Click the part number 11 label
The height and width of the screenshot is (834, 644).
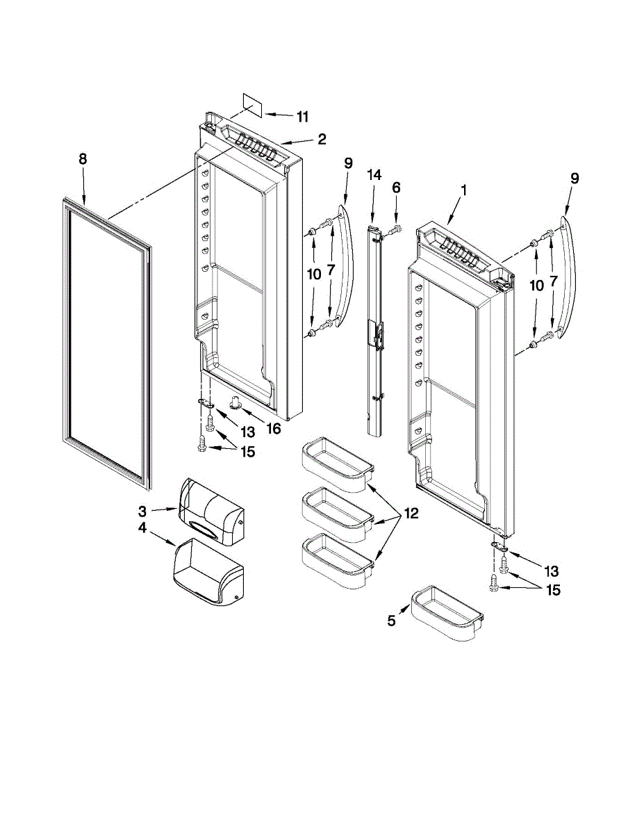[x=302, y=117]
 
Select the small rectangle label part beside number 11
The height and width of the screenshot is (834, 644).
[x=252, y=104]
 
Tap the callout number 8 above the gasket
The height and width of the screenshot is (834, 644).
[x=83, y=159]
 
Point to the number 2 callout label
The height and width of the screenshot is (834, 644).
[x=322, y=139]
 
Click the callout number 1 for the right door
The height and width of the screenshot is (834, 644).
[x=463, y=189]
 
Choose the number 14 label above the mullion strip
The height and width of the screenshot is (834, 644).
[x=374, y=175]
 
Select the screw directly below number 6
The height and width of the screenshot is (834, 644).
[x=395, y=229]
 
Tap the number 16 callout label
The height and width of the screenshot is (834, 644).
[x=273, y=428]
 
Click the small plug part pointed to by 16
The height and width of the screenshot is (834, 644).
[x=236, y=401]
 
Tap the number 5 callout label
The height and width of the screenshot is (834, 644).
[x=392, y=621]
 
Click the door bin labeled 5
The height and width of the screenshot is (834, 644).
[x=447, y=614]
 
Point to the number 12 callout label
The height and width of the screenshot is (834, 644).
[x=411, y=514]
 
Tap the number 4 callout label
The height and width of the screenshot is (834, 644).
[x=142, y=528]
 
